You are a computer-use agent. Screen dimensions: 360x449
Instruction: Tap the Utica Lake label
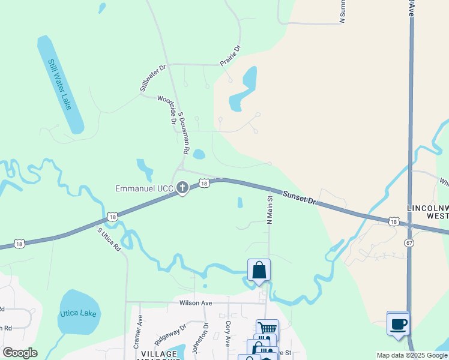78,314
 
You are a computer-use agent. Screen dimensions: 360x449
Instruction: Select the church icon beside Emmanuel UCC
182,188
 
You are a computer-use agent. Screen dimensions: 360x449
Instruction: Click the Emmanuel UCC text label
144,189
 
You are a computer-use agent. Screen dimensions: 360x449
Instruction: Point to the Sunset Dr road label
299,197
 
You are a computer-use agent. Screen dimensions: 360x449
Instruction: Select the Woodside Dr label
167,109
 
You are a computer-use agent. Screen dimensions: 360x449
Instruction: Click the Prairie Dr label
230,56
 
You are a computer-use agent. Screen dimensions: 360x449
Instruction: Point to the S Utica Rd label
109,239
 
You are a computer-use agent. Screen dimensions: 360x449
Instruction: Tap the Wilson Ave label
196,303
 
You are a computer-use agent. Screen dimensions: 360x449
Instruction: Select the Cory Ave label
228,334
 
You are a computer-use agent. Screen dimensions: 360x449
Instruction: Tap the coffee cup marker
398,325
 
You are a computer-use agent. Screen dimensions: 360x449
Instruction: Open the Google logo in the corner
20,353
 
